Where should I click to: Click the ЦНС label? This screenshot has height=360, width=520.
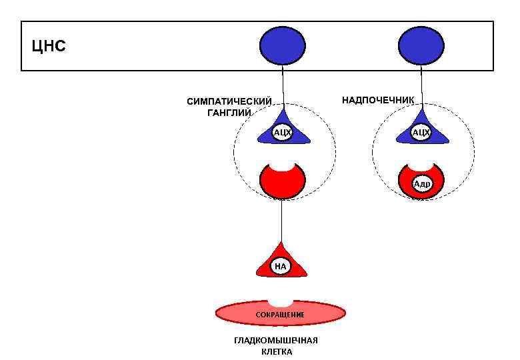(x=49, y=47)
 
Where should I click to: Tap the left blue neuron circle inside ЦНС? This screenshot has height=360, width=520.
(x=282, y=45)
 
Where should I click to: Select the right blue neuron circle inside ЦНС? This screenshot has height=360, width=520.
(x=420, y=45)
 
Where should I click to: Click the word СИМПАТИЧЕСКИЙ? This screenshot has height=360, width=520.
(x=229, y=102)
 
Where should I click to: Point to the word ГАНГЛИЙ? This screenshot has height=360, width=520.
(x=229, y=113)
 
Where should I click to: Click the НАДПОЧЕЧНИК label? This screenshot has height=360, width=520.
(x=378, y=100)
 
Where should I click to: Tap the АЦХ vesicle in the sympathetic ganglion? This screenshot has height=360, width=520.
(x=282, y=133)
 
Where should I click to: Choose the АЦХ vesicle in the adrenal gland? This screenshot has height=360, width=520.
(x=421, y=133)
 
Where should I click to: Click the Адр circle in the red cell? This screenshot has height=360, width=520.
(x=421, y=184)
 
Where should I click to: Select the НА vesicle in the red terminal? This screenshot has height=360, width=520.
(x=281, y=266)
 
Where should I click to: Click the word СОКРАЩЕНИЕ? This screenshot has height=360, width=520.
(x=281, y=314)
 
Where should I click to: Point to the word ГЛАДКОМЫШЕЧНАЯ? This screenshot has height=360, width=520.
(x=276, y=341)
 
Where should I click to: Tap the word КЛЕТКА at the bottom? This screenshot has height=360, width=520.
(x=276, y=351)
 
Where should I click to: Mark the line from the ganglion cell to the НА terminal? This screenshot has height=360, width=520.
(x=281, y=220)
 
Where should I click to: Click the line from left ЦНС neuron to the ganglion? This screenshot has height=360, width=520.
(x=283, y=87)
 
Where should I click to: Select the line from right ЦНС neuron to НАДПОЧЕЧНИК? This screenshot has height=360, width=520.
(x=420, y=87)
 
